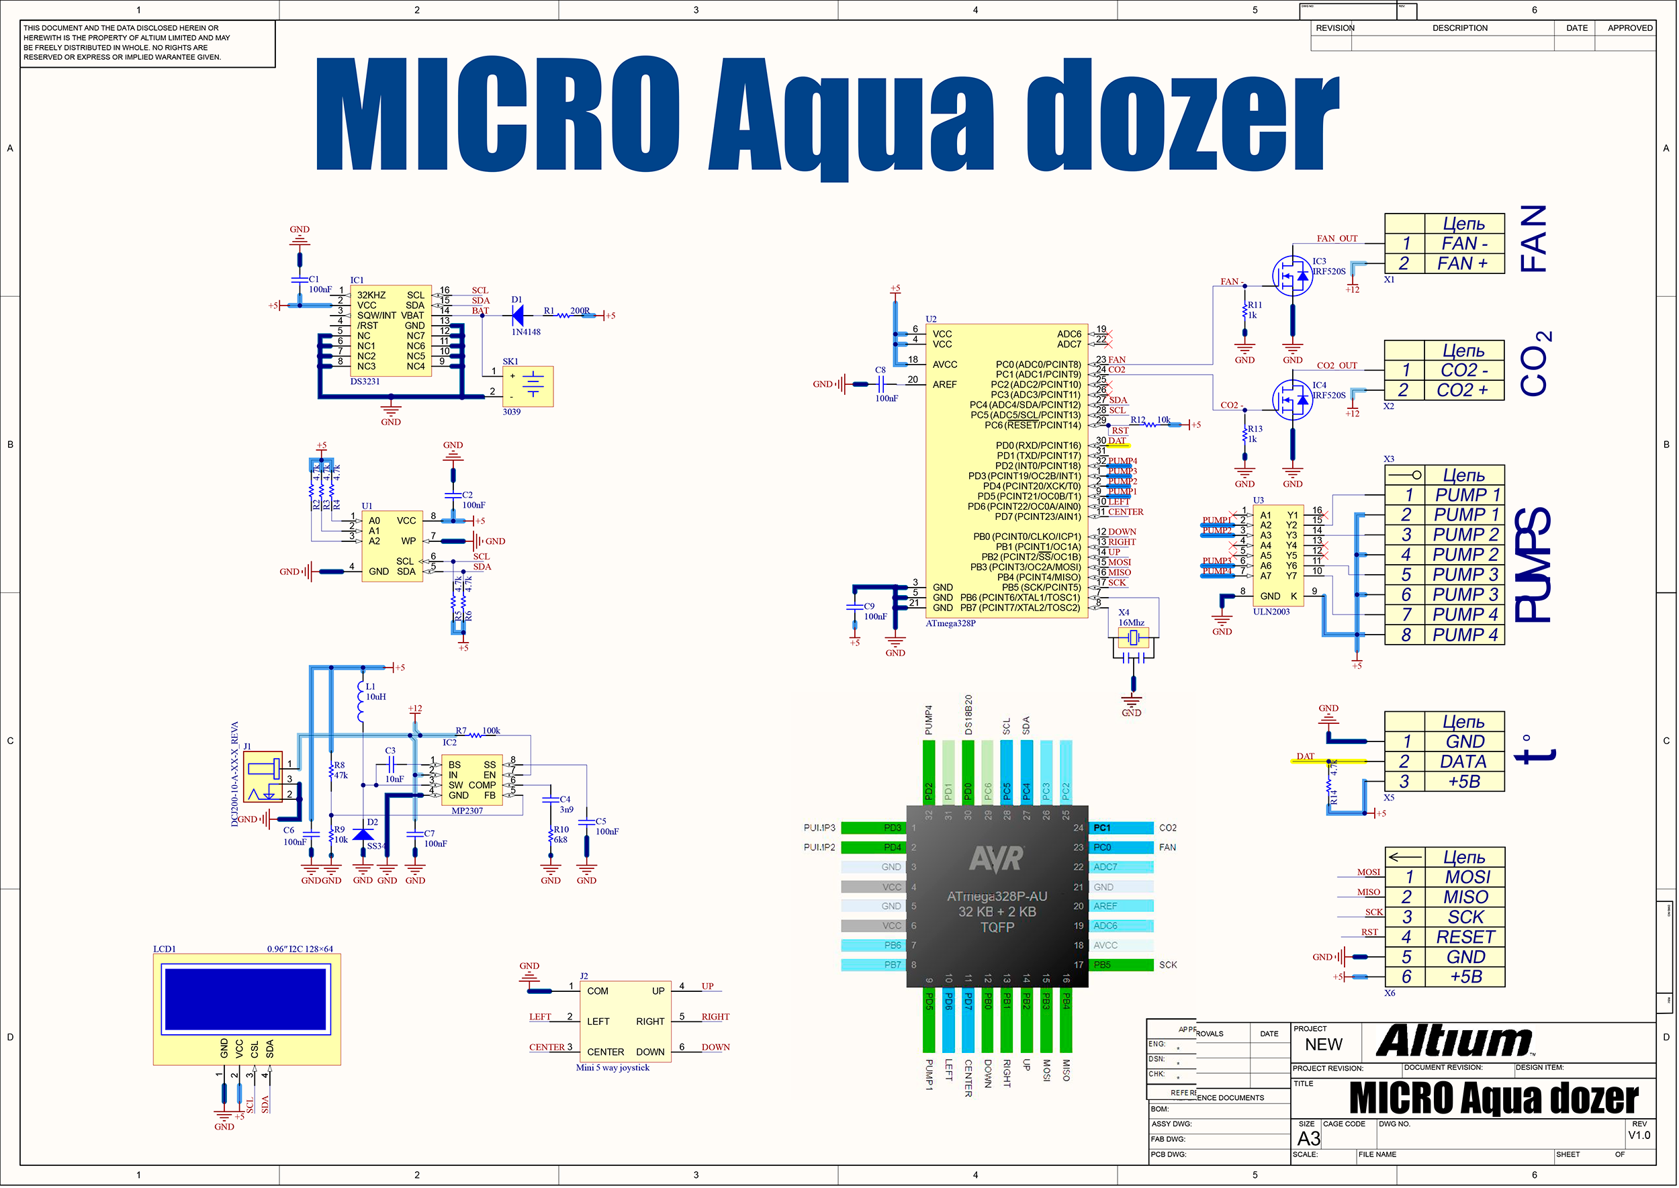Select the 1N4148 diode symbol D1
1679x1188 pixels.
[518, 316]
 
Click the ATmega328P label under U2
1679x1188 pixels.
[950, 624]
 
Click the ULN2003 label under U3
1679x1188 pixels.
[1271, 612]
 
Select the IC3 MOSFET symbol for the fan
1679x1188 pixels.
[1293, 276]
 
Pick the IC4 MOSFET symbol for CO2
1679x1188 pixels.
[1293, 400]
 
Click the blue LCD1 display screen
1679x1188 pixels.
[246, 999]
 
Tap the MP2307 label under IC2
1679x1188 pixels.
[467, 811]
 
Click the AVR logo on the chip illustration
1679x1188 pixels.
[997, 859]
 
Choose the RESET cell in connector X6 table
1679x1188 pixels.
[1465, 938]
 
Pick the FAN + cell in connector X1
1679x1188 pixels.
[1463, 264]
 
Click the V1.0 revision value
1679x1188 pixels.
[1639, 1136]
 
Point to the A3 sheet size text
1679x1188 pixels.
[1309, 1139]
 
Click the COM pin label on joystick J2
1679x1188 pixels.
[598, 992]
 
